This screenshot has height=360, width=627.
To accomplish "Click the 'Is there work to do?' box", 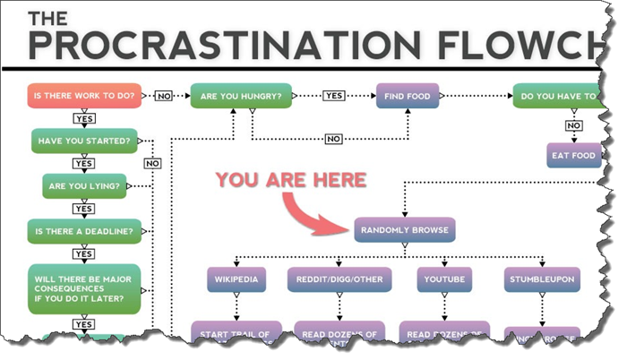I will pos(83,96).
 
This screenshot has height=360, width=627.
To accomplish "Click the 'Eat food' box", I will pos(571,155).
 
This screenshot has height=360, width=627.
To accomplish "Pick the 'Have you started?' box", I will pos(84,141).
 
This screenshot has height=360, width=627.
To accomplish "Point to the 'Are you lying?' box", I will pos(86,186).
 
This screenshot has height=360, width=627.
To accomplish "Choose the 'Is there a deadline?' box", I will pos(84,231).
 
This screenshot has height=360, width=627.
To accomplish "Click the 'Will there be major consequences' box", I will pos(84,287).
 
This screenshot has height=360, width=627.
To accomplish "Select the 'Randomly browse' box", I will pos(405,230).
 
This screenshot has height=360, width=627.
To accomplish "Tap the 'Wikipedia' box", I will pos(236,279).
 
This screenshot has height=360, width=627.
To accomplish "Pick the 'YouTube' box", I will pos(442,279).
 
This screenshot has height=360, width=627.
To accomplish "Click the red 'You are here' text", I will pos(291,180).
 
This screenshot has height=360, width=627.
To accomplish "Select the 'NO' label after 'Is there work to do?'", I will pos(164,96).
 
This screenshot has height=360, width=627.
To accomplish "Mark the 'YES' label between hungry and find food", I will pos(334,96).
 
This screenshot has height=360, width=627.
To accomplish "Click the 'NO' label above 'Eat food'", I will pos(573,125).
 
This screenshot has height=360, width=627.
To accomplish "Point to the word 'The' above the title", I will pos(49,17).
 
